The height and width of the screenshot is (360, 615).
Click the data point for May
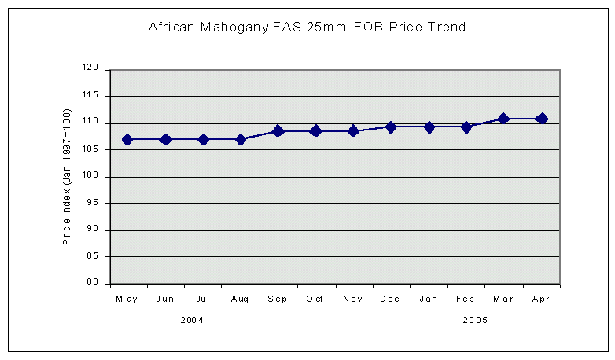coord(127,139)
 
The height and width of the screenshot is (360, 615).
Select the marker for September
coord(278,130)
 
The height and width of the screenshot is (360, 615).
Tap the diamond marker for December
coord(391,127)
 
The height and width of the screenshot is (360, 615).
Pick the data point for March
coord(504,119)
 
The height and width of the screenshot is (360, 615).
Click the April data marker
coord(541,119)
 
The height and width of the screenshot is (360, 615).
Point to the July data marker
coord(203,139)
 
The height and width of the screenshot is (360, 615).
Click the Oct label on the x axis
coord(315,299)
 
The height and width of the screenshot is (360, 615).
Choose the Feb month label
coord(466,299)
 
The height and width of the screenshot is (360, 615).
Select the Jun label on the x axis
coord(165,299)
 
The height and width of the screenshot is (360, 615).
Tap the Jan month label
coord(429,299)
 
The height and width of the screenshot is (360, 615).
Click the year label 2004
coord(193,320)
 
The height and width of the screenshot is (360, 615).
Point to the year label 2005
coord(475,320)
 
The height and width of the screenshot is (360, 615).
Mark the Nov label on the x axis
coord(353,299)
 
